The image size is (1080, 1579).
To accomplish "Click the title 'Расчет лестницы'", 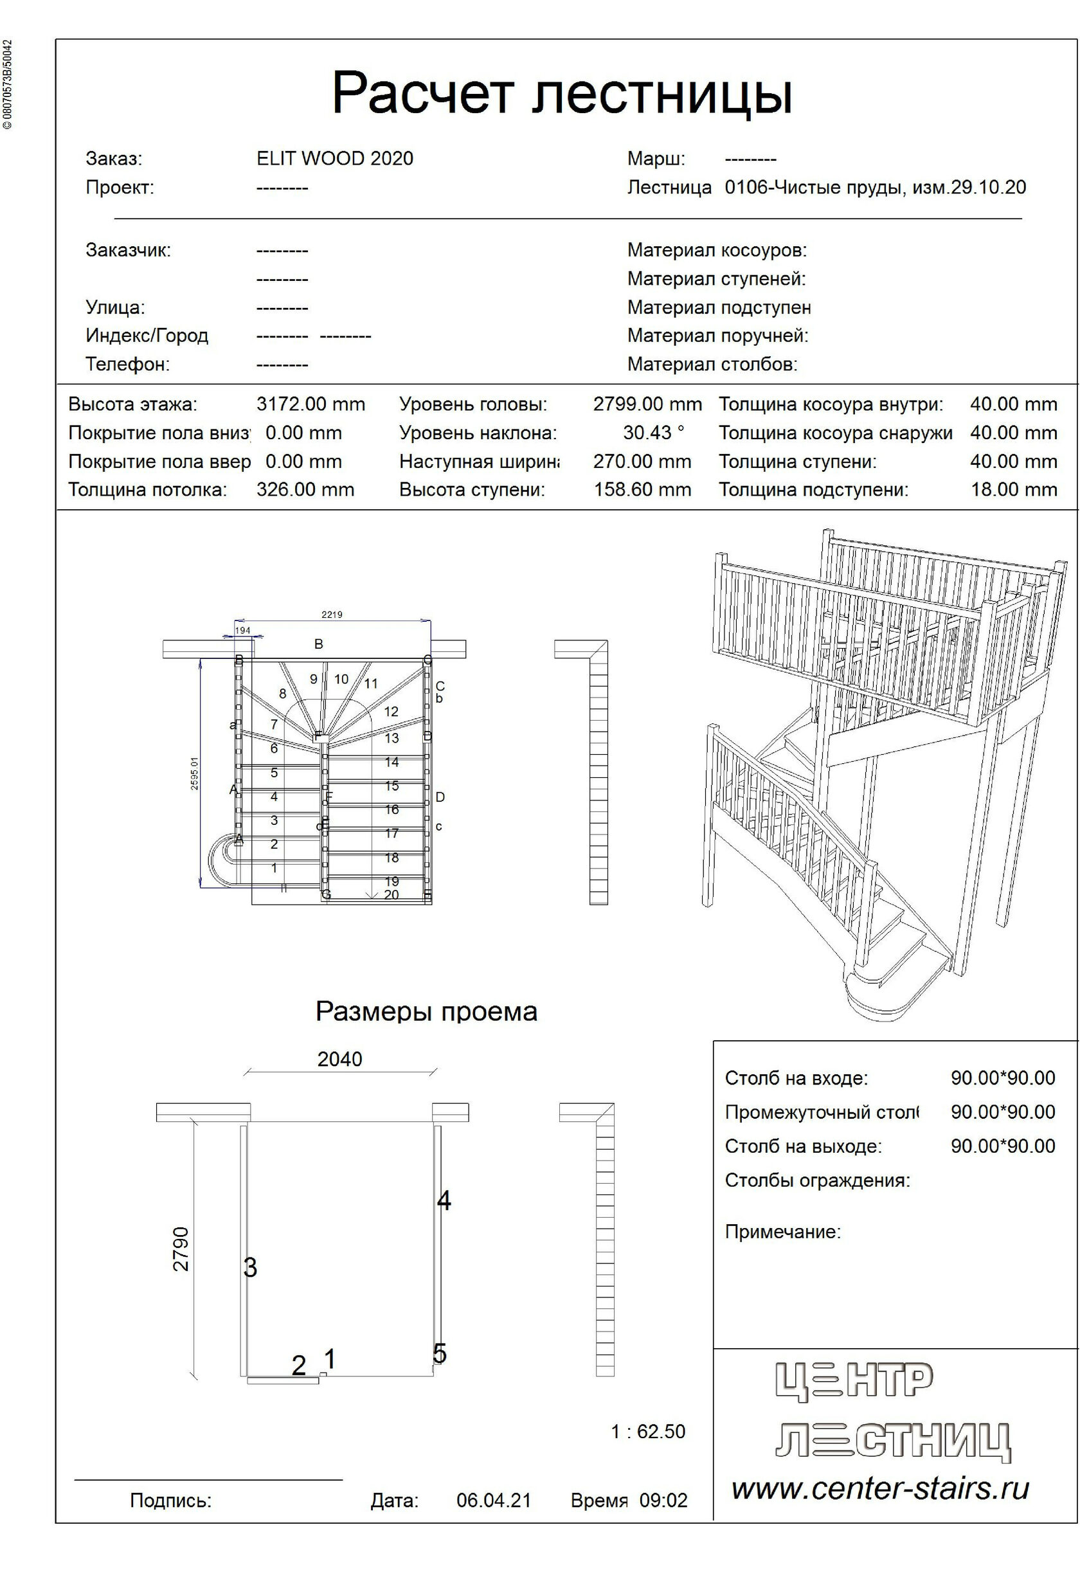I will point(562,93).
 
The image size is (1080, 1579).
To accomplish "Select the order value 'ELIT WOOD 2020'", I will point(335,158).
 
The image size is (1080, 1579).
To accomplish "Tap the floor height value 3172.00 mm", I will point(310,404).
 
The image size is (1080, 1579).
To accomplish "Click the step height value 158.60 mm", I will point(642,490).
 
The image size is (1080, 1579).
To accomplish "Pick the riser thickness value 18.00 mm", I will point(1013,490).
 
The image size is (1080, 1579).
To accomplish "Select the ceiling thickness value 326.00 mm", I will point(305,490).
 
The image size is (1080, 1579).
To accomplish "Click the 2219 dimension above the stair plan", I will point(332,615).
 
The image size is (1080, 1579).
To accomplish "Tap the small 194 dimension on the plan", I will point(242,631).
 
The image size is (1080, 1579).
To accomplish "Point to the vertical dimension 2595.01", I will point(194,773).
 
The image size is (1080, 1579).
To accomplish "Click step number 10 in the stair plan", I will point(341,679).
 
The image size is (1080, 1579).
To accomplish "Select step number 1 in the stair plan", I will point(274,869).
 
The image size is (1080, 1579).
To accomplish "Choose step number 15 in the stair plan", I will point(392,786).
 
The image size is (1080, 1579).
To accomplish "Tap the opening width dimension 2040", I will point(339,1060).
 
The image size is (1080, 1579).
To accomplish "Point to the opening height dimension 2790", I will point(181,1249).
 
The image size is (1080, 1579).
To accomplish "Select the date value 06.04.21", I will point(493,1500).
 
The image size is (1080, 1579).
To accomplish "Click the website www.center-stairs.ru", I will point(880,1488).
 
